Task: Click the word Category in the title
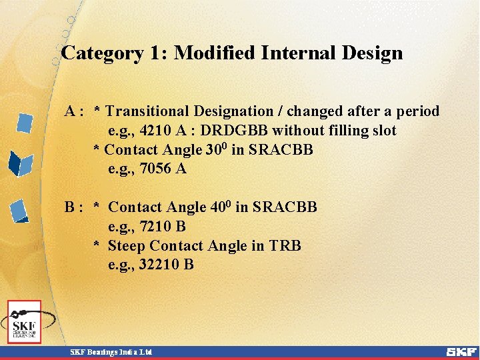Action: (101, 53)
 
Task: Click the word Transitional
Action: (147, 111)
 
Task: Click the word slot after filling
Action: (382, 131)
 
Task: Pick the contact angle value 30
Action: (213, 149)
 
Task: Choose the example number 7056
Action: (157, 169)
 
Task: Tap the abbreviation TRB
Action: (285, 246)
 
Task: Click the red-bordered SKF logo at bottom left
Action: (25, 322)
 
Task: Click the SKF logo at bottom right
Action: (461, 351)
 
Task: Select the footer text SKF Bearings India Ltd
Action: (112, 351)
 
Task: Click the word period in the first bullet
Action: (417, 111)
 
